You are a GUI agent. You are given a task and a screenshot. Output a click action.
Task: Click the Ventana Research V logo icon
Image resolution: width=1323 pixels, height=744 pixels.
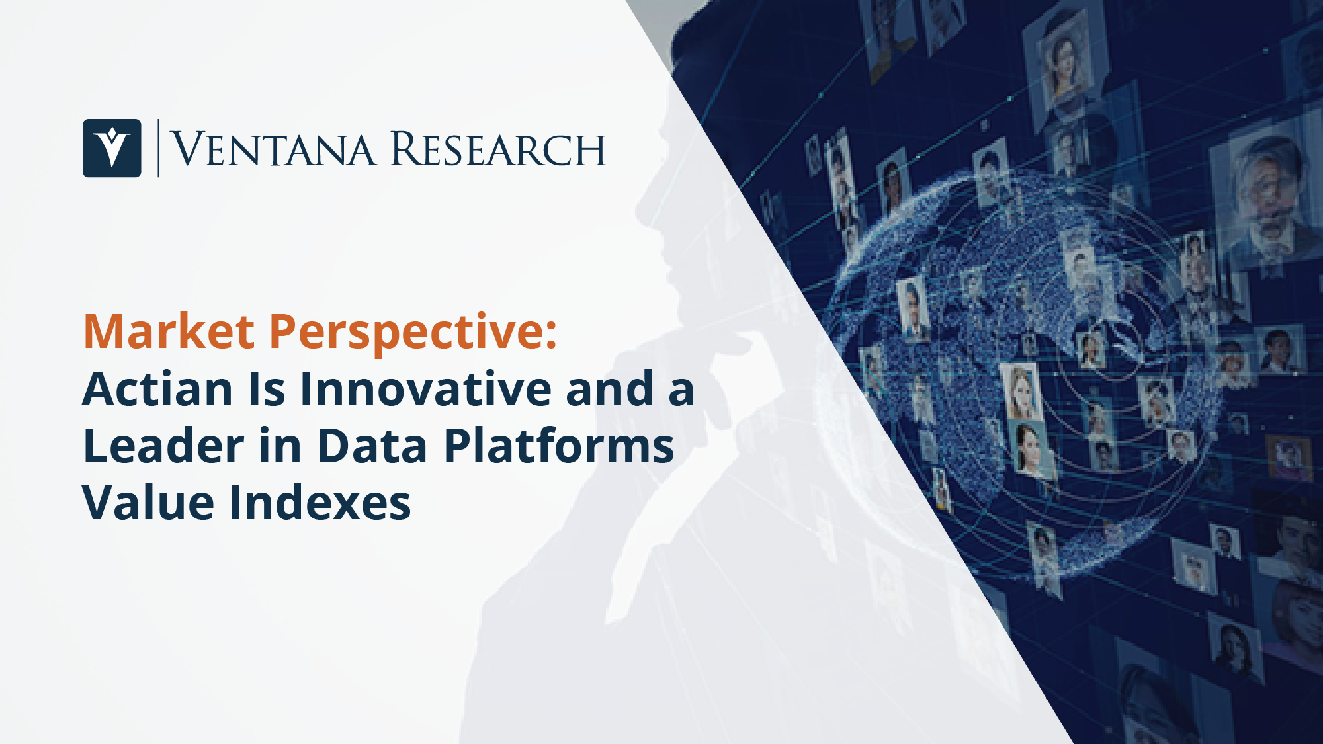point(112,148)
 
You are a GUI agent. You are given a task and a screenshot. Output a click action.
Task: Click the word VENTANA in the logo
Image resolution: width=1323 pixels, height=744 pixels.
point(273,149)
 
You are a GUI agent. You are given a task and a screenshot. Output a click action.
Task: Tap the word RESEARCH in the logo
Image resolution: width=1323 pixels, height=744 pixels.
point(498,149)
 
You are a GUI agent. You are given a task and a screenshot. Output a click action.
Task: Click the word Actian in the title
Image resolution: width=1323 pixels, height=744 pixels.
point(157,389)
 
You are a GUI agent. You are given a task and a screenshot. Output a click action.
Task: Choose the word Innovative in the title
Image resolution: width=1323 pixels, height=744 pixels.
point(425,389)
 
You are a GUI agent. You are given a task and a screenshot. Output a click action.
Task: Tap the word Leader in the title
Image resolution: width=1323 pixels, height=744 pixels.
point(163,446)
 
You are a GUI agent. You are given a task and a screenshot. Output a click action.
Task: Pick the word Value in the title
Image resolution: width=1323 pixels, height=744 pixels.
point(149,503)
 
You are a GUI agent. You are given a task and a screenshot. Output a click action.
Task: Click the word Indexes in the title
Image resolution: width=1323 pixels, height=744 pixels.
point(320,503)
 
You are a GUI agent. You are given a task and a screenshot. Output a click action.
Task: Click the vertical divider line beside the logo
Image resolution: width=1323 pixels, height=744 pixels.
point(158,148)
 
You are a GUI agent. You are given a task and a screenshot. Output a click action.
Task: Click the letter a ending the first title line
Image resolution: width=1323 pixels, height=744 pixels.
point(681,393)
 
